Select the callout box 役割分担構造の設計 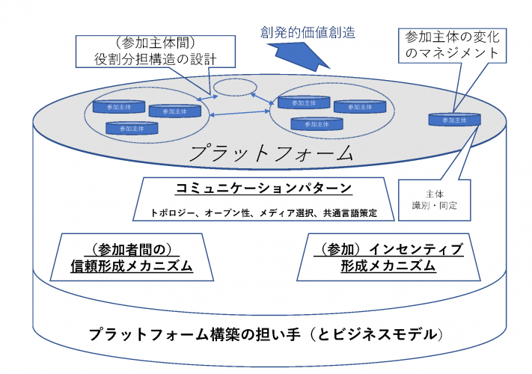[153, 49]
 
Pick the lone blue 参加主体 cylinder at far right [454, 118]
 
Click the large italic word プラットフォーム [271, 154]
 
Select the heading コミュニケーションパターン [264, 188]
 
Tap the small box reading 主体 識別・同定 [434, 199]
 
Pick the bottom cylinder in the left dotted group [132, 128]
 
